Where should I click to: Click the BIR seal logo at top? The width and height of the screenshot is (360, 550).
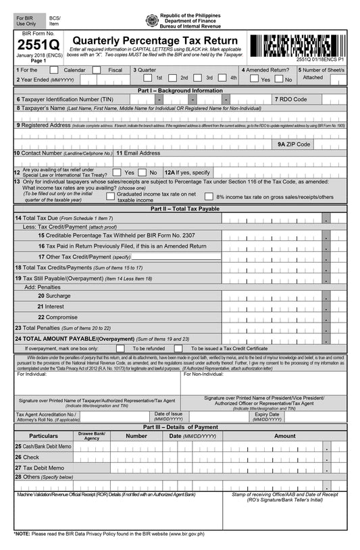pyautogui.click(x=152, y=21)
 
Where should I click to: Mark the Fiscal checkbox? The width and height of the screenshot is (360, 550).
pyautogui.click(x=101, y=70)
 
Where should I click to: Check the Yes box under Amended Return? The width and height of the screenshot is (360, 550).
pyautogui.click(x=254, y=79)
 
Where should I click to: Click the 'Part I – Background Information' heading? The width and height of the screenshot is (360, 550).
pyautogui.click(x=180, y=90)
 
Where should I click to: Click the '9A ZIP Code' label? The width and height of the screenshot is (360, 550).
pyautogui.click(x=294, y=144)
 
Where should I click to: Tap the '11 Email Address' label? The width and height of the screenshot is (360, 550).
pyautogui.click(x=138, y=153)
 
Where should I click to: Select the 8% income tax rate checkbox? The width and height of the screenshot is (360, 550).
pyautogui.click(x=209, y=197)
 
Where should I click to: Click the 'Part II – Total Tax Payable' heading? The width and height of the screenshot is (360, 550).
pyautogui.click(x=180, y=209)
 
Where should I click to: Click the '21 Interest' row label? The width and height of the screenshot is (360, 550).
pyautogui.click(x=51, y=306)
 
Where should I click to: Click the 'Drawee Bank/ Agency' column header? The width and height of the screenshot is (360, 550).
pyautogui.click(x=91, y=436)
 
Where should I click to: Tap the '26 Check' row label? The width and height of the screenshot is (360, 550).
pyautogui.click(x=27, y=457)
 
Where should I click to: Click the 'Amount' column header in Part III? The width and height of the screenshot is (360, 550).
pyautogui.click(x=284, y=436)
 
